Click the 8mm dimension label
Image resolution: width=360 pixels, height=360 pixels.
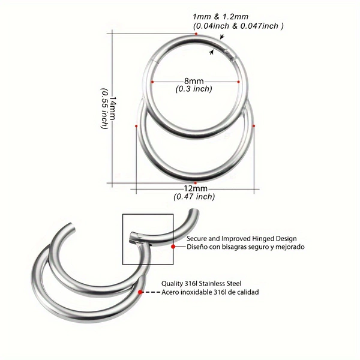click(194, 81)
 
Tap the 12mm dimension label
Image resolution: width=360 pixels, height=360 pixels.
click(196, 188)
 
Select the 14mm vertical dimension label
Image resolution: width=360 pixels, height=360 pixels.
click(113, 108)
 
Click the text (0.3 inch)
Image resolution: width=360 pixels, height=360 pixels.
click(194, 89)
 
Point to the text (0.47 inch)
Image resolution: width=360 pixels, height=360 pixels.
click(194, 197)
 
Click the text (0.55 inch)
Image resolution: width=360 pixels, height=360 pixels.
click(104, 109)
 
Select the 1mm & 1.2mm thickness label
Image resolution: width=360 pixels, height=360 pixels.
click(220, 17)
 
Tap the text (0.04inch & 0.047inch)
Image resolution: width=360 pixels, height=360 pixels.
click(238, 26)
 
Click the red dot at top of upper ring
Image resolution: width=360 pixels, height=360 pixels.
click(196, 34)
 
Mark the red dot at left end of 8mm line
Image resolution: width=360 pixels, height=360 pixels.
click(152, 82)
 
